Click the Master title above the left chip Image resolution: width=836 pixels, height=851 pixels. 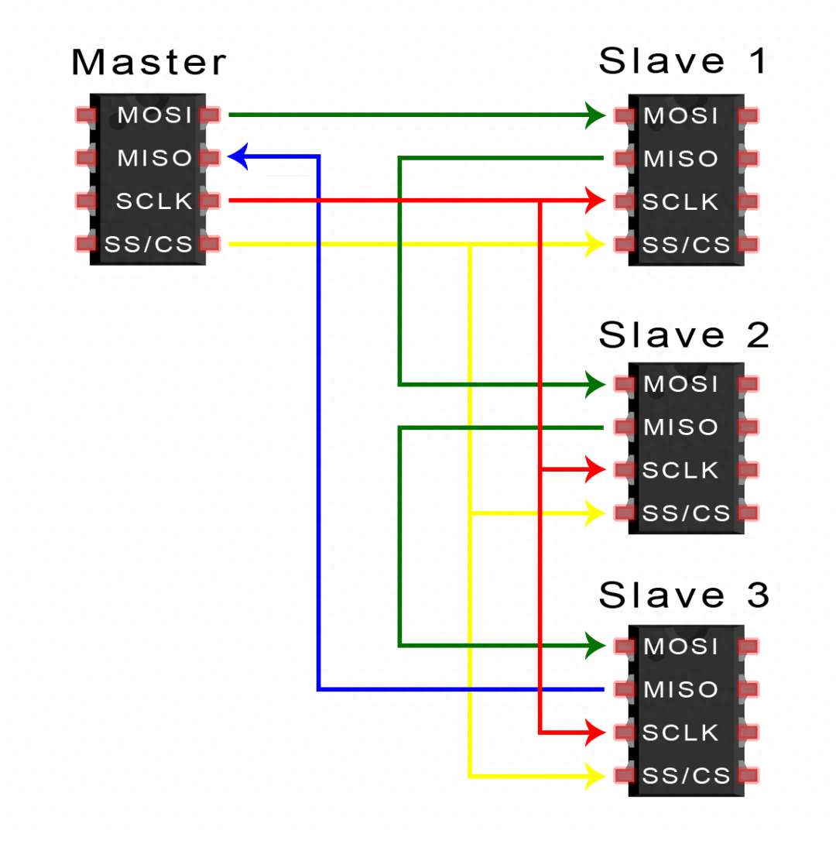coord(149,63)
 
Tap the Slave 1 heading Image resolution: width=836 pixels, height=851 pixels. coord(684,61)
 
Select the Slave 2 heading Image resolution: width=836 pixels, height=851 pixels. coord(684,335)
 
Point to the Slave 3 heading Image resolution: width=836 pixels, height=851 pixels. coord(684,595)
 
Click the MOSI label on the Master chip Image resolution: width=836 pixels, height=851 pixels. coord(154,115)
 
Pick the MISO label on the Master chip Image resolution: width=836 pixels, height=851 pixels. coord(154,158)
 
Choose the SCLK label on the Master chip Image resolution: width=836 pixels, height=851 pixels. coord(154,201)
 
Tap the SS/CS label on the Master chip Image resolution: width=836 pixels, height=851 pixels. coord(149,245)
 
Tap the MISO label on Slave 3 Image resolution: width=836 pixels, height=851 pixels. coord(681,689)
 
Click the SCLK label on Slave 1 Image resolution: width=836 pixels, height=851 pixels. coord(681,202)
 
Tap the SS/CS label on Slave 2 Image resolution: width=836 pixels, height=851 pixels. coord(687,513)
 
